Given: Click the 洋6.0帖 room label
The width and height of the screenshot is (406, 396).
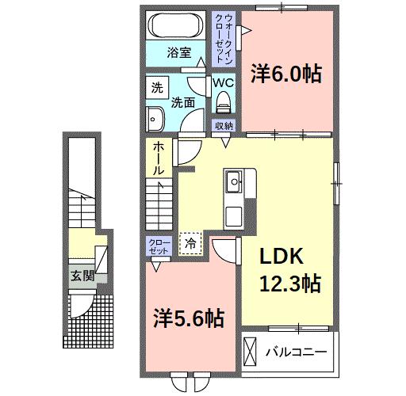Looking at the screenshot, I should point(286,74).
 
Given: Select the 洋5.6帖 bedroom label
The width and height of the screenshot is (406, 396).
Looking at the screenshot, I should point(188,318).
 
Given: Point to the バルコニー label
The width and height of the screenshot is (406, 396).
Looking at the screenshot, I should point(295,349).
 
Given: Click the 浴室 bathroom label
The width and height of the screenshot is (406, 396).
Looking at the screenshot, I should point(178,53).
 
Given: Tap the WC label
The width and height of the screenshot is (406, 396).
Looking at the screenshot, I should point(222,81).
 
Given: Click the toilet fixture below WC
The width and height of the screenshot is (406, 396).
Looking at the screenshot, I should point(223,100).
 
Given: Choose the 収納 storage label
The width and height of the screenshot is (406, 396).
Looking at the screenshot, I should point(224,126).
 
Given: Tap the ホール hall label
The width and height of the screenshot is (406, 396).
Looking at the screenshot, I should point(159,158).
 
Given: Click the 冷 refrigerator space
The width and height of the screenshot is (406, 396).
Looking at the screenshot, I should point(190,242).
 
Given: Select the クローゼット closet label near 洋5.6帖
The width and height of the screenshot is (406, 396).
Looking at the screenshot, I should point(158,246).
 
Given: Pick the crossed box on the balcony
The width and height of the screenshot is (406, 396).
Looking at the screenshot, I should point(251,349).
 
